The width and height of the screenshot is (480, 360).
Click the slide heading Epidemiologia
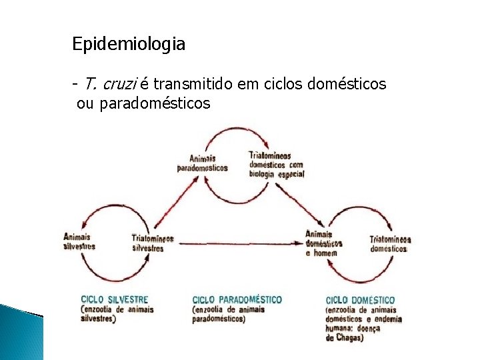coord(129,45)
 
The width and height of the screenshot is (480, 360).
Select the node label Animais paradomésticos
coord(202,163)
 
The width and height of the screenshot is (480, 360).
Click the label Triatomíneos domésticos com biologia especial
coord(275,164)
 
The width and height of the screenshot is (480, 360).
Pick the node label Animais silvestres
coord(79,241)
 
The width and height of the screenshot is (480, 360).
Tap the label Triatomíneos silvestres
coord(152,243)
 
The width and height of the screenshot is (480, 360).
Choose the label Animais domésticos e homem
coord(323,243)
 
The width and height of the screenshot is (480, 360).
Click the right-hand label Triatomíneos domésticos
coord(390,243)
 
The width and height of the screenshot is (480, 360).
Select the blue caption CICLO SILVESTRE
coord(114,300)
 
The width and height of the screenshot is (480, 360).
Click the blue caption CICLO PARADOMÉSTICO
coord(237,300)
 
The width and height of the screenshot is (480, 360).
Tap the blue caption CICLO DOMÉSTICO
coord(360,300)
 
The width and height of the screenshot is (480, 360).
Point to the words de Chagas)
coord(345,338)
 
